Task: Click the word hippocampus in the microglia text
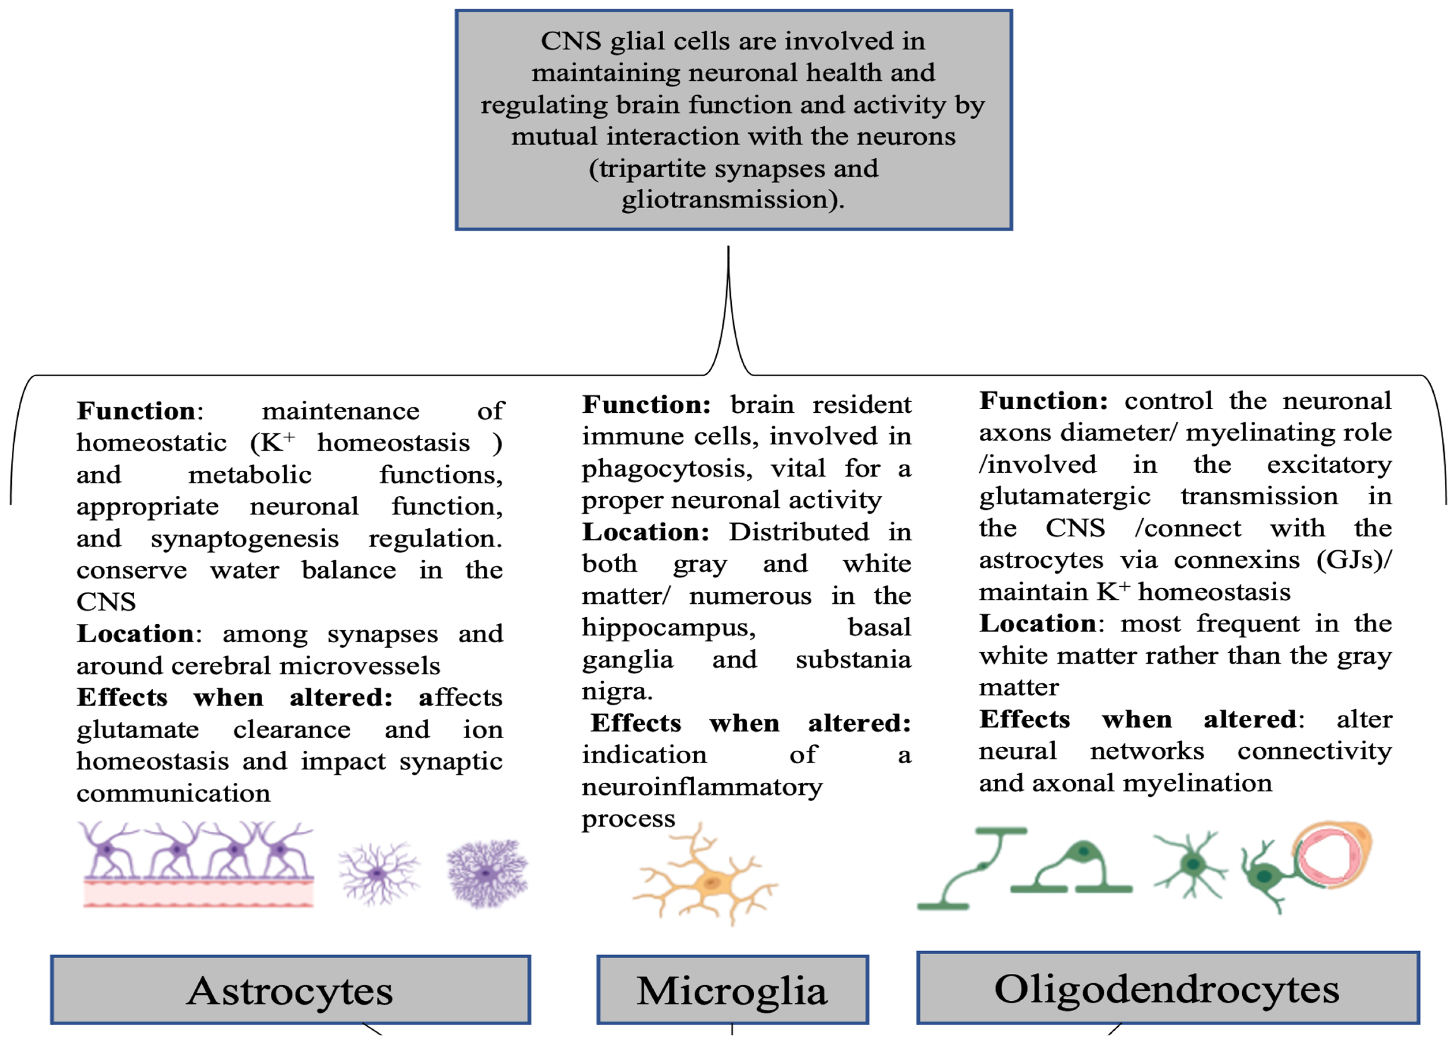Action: coord(668,627)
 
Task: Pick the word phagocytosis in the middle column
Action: coord(667,469)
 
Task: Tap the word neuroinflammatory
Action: coord(702,787)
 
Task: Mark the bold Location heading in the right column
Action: coord(1037,624)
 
